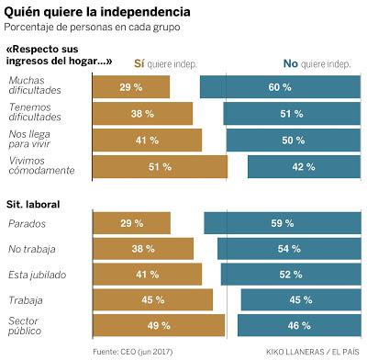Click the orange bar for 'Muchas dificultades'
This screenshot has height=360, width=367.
[131, 87]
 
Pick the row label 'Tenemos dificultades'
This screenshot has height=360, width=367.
[34, 113]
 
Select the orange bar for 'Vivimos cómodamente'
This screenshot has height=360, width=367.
[160, 166]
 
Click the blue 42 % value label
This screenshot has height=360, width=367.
[305, 166]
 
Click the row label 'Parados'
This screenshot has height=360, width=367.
[26, 223]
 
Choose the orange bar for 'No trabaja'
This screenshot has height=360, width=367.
[143, 249]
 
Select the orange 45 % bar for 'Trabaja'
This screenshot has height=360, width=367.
[152, 300]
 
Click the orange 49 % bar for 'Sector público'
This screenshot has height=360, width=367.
[159, 325]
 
